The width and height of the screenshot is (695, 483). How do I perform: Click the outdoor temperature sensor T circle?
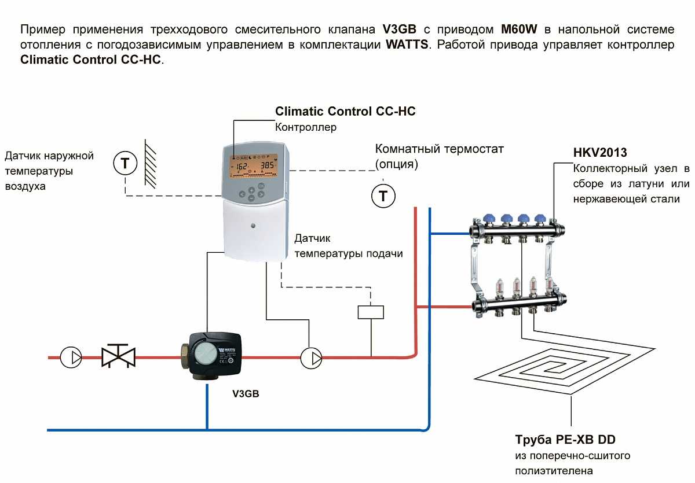[125, 164]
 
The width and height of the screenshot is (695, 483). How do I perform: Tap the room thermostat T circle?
[383, 196]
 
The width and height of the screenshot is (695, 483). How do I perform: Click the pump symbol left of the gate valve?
[71, 357]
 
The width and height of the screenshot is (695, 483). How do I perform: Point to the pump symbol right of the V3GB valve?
[312, 357]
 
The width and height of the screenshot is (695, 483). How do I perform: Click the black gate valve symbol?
[118, 356]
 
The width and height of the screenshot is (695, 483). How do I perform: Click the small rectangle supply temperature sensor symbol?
[371, 312]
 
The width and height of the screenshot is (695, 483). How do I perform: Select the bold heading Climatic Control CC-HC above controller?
[345, 111]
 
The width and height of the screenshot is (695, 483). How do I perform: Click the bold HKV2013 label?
[600, 153]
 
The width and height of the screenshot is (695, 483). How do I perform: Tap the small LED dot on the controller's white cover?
[253, 224]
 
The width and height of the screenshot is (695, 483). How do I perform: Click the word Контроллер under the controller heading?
[305, 127]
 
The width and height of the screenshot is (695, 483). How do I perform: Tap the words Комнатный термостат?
[440, 149]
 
